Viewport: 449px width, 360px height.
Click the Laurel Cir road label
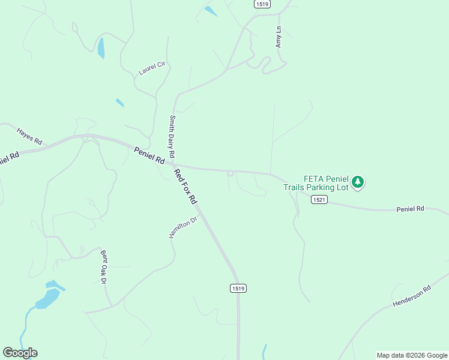[151, 68]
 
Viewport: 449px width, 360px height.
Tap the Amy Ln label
[278, 37]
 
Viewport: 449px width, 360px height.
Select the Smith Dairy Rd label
[172, 136]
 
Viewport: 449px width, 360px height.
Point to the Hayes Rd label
[29, 136]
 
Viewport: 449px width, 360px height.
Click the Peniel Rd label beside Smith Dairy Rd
[149, 156]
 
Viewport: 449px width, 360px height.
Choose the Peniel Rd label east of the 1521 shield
[410, 209]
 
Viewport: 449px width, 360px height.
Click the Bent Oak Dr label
[103, 266]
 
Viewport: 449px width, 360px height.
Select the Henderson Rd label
[412, 296]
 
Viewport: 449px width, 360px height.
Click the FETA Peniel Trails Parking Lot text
[317, 183]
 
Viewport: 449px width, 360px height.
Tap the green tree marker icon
[358, 181]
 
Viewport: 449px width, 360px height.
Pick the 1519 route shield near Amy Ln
[262, 4]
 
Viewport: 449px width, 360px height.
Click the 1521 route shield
[319, 200]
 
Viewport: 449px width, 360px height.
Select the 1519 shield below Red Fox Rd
[238, 289]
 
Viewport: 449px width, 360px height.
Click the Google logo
[20, 353]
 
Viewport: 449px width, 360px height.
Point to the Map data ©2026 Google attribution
[411, 355]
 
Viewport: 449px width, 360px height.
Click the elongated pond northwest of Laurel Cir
[101, 48]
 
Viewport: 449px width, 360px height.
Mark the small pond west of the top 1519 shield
[211, 10]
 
